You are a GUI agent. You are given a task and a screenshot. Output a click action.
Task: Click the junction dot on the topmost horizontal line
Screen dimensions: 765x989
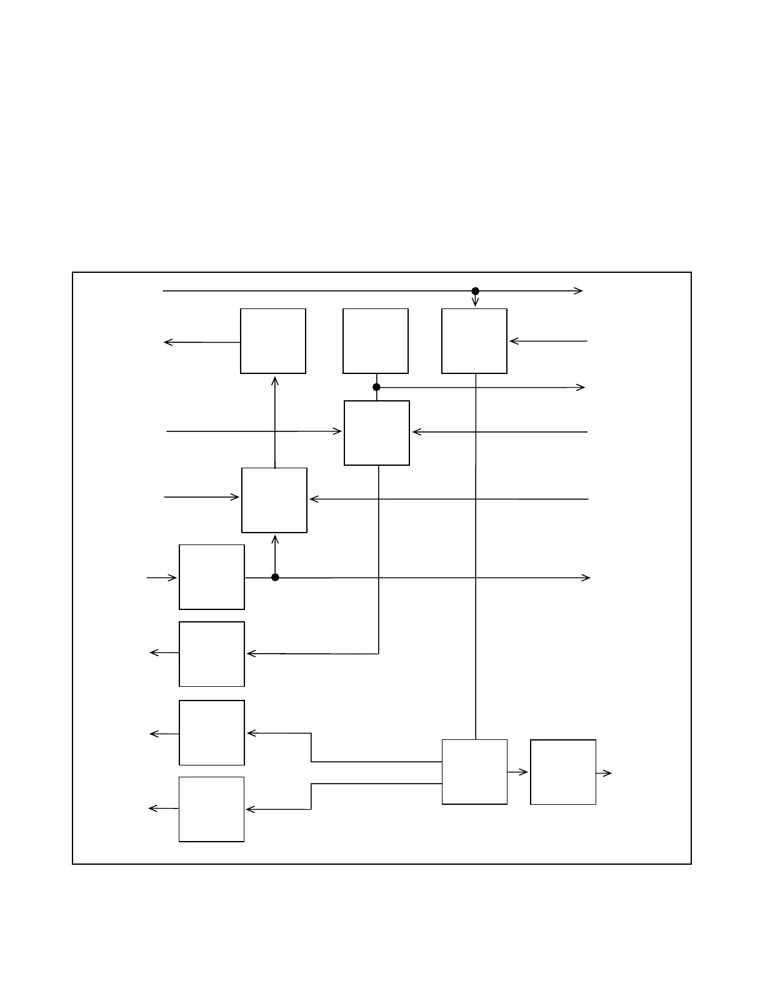click(475, 291)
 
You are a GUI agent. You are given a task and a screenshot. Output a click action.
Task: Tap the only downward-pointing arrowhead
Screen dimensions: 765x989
click(475, 303)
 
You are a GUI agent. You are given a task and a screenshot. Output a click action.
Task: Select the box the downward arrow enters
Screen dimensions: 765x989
click(474, 341)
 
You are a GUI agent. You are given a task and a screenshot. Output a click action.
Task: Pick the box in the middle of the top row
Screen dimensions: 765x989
click(376, 341)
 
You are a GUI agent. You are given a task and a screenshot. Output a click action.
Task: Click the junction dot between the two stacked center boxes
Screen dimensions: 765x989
click(376, 387)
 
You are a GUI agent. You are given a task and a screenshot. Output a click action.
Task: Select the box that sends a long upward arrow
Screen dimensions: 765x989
click(274, 500)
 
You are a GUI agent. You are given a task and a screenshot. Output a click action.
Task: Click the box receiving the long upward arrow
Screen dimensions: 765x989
click(273, 341)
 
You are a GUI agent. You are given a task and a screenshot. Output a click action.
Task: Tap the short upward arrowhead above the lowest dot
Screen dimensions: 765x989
click(275, 538)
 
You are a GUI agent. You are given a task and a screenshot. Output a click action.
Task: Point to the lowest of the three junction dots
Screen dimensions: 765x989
click(275, 578)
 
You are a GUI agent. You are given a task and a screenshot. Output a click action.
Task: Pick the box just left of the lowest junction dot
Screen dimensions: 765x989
click(212, 577)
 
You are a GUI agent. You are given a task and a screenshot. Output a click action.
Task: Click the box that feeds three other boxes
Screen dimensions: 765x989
click(474, 772)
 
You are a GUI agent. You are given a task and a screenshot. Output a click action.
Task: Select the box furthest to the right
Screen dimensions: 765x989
click(563, 772)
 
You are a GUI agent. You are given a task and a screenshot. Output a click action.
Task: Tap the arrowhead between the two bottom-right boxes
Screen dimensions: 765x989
click(525, 772)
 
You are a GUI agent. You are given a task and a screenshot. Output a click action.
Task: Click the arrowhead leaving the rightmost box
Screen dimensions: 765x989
click(608, 774)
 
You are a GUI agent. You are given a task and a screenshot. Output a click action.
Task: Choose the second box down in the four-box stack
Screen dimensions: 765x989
click(212, 654)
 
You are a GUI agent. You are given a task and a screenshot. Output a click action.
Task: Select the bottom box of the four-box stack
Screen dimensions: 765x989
click(211, 809)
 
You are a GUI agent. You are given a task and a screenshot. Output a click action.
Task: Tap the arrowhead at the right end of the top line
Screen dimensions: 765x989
click(579, 291)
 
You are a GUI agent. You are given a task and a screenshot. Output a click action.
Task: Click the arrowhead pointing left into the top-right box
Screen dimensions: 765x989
click(513, 341)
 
